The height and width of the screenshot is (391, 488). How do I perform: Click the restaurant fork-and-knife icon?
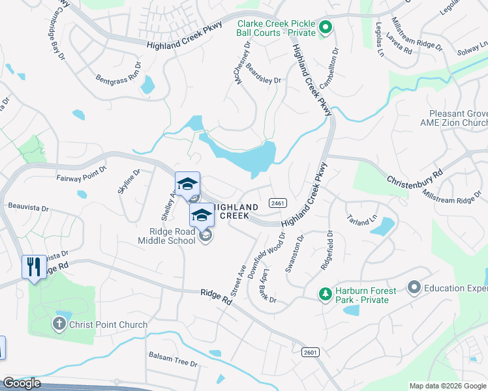(34, 267)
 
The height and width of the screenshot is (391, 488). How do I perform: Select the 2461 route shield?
(277, 203)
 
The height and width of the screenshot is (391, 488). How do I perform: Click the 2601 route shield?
(310, 352)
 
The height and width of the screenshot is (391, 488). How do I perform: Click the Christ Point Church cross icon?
(59, 324)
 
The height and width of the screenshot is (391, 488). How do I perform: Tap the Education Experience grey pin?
(414, 287)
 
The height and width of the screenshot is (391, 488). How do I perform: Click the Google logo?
(22, 383)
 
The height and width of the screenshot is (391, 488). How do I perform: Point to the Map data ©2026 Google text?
(447, 386)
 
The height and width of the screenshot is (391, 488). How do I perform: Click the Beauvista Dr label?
(29, 208)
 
